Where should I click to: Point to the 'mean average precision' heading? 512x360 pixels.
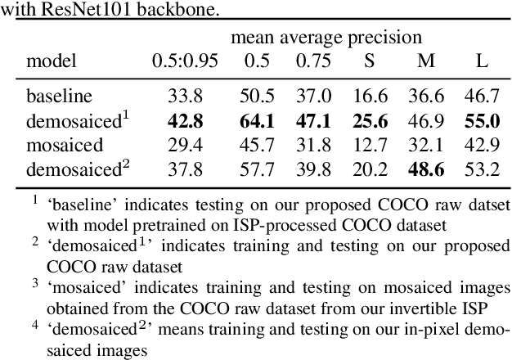[x=326, y=38]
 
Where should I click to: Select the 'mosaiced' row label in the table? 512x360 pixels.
[x=65, y=146]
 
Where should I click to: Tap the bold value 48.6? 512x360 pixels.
[x=425, y=170]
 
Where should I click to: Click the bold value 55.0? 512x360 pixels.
[x=482, y=121]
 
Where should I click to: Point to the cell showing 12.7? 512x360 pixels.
[x=371, y=146]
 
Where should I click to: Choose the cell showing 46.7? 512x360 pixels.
[x=482, y=97]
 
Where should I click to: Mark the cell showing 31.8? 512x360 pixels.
[x=313, y=146]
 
